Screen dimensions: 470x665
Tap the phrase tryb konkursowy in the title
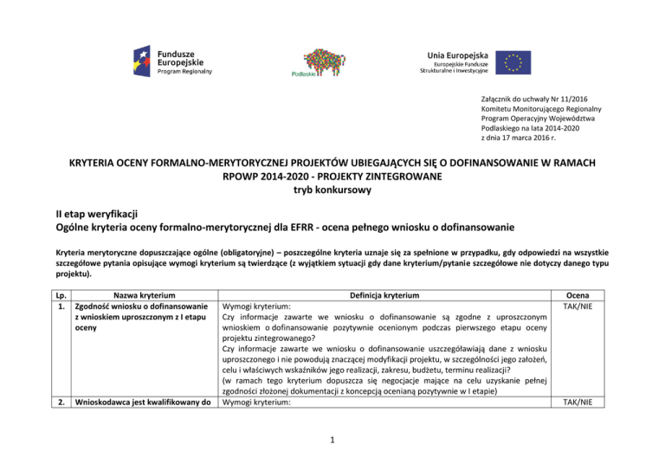point(332,194)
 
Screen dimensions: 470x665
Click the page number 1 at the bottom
point(332,440)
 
